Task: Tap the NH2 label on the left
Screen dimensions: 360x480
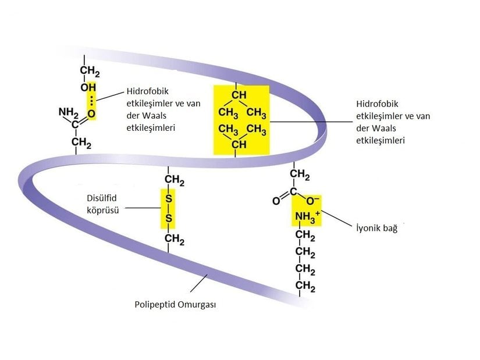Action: (x=68, y=112)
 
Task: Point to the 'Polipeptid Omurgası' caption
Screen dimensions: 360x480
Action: (x=175, y=304)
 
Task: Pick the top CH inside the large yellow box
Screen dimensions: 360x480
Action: (x=239, y=95)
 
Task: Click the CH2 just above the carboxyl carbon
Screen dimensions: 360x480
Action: (x=300, y=174)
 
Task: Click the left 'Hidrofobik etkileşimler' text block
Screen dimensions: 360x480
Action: (x=151, y=110)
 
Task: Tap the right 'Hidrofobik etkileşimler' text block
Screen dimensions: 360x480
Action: (x=393, y=122)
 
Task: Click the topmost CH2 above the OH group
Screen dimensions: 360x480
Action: (x=90, y=72)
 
